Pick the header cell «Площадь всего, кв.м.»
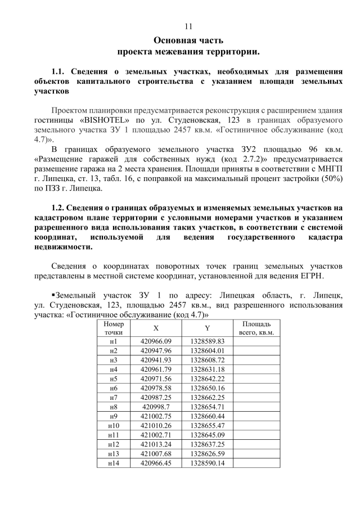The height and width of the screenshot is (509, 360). tap(256, 329)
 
